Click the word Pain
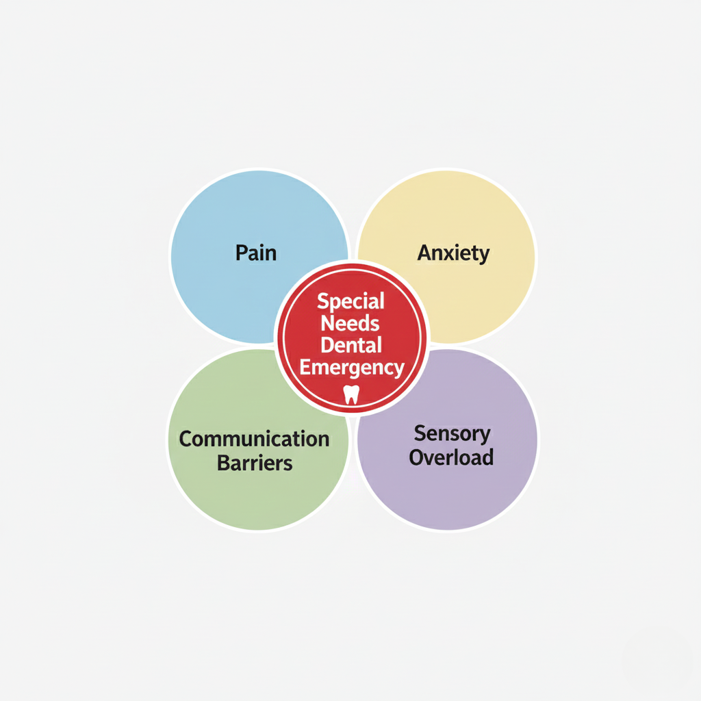point(256,253)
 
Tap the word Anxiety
point(453,253)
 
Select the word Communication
point(254,439)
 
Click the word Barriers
point(255,463)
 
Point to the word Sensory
point(452,433)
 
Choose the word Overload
point(451,457)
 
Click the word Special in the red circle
point(351,301)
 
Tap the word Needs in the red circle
point(350,323)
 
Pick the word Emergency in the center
point(352,368)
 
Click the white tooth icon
point(351,394)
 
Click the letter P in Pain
point(241,253)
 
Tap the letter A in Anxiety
point(425,253)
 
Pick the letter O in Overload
point(416,457)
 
